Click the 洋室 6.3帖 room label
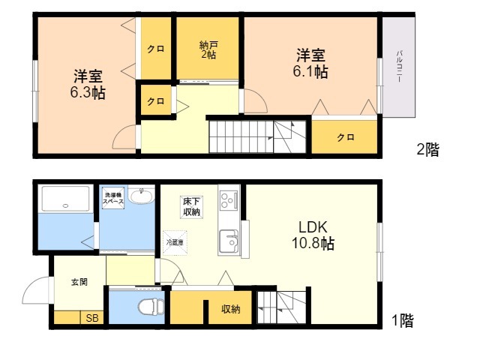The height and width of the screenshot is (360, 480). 88,85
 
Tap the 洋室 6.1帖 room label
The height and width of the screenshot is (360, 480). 310,64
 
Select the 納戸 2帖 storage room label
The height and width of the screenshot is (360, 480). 208,49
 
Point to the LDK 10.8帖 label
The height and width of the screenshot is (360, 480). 313,235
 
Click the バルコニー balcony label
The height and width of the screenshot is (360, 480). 398,68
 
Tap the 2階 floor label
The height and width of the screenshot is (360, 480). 427,149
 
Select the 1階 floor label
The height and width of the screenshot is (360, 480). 402,322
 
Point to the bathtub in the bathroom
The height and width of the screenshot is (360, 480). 66,199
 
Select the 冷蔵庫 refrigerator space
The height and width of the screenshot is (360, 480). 174,242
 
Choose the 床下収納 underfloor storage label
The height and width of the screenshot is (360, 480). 191,206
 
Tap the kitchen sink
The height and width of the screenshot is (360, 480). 227,241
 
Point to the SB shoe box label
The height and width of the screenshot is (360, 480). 92,319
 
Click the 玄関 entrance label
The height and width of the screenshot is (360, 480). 79,283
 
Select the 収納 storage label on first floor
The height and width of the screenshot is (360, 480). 230,309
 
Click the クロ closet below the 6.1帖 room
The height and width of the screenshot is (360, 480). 345,137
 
